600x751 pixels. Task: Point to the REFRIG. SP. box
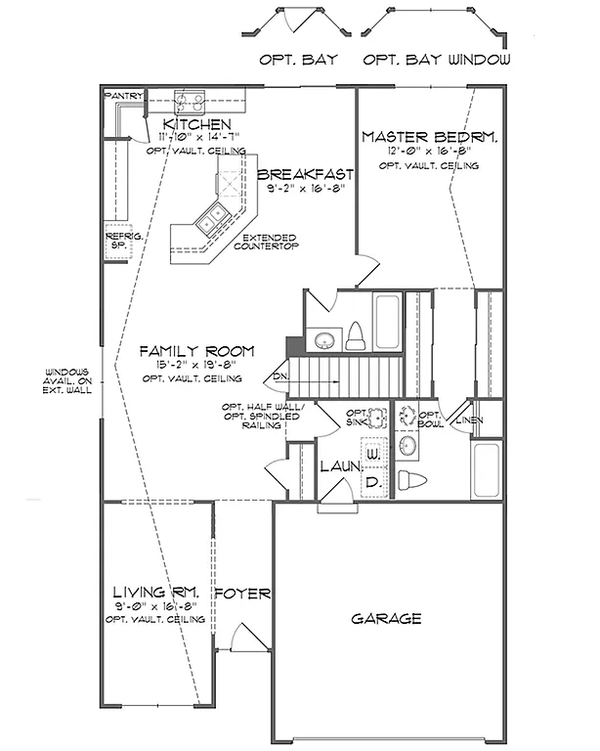(x=116, y=242)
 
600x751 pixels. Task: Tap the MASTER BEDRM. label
(x=429, y=138)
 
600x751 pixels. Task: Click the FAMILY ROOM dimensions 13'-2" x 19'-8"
(x=195, y=365)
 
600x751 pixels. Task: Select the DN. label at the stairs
(x=279, y=375)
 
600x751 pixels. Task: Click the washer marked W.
(x=372, y=455)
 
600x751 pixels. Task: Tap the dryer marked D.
(x=372, y=481)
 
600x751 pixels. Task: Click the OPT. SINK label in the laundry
(x=358, y=418)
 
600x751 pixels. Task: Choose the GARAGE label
(x=387, y=618)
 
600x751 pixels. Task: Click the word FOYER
(x=236, y=593)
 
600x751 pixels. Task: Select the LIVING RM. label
(x=155, y=593)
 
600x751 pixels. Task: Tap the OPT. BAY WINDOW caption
(x=437, y=60)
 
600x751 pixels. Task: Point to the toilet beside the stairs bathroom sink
(x=356, y=336)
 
